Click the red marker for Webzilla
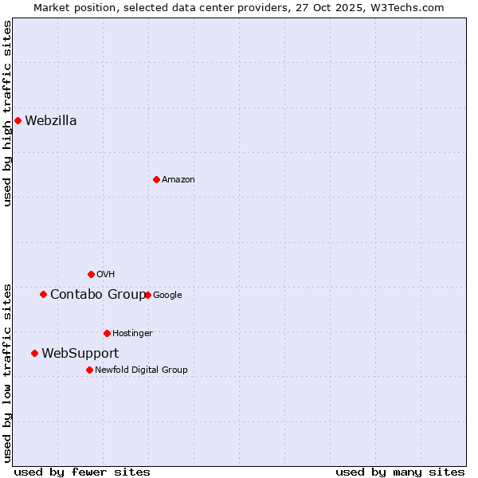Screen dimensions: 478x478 18,121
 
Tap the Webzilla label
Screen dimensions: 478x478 51,121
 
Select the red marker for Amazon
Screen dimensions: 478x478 156,179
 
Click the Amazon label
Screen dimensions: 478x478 178,180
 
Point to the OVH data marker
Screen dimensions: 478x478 91,275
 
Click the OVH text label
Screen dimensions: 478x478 106,275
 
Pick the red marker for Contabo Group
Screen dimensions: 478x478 43,295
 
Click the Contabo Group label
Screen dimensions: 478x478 98,295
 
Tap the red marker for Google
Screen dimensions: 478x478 147,295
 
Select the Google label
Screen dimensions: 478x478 167,296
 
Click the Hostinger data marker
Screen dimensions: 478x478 107,333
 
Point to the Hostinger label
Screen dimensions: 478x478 132,334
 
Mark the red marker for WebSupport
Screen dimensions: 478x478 34,353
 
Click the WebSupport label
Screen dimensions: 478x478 80,354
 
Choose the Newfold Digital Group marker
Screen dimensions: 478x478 89,370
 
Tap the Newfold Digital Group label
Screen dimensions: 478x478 141,370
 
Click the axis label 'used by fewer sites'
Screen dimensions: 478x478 82,472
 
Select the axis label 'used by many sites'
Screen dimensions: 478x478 400,472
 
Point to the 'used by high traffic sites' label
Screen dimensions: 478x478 8,113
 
